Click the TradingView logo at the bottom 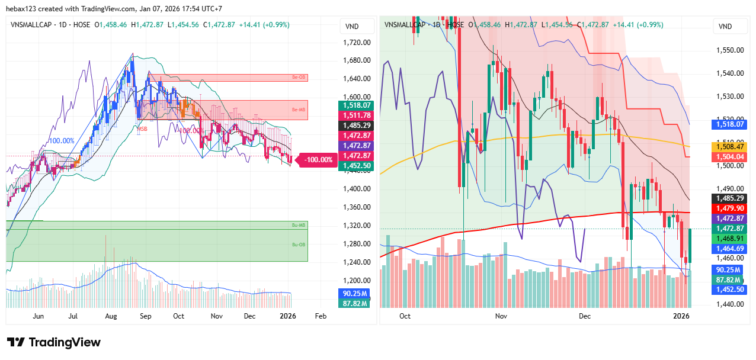[x=53, y=342]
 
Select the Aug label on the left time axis [x=111, y=316]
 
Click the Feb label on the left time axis [x=321, y=316]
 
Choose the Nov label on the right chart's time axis [x=501, y=316]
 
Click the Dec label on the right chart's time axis [x=585, y=316]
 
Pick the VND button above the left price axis [x=352, y=27]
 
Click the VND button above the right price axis [x=725, y=27]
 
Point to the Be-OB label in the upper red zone [x=297, y=78]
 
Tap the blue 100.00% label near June [x=61, y=141]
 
